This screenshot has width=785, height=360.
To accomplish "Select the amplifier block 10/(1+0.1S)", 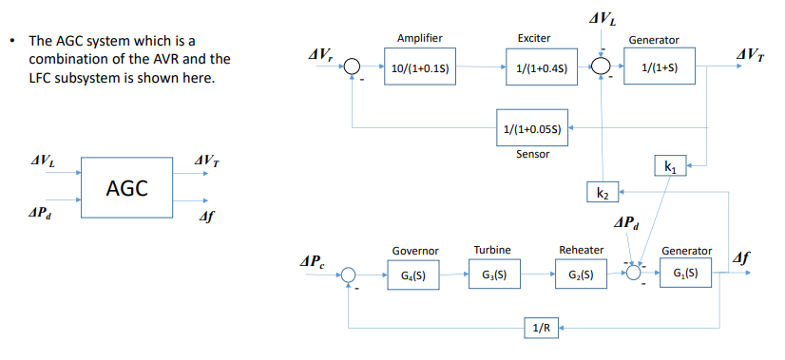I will (419, 68).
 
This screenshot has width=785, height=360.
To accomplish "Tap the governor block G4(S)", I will (414, 275).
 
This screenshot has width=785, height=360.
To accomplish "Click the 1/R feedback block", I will (540, 328).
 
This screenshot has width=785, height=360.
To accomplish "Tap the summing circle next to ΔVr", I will (352, 67).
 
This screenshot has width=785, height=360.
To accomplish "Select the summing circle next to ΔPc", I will (351, 275).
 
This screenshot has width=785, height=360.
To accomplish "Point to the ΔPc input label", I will (313, 261).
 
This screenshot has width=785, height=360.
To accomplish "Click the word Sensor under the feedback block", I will (533, 154).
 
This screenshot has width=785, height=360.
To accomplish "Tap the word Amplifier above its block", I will (419, 37).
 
